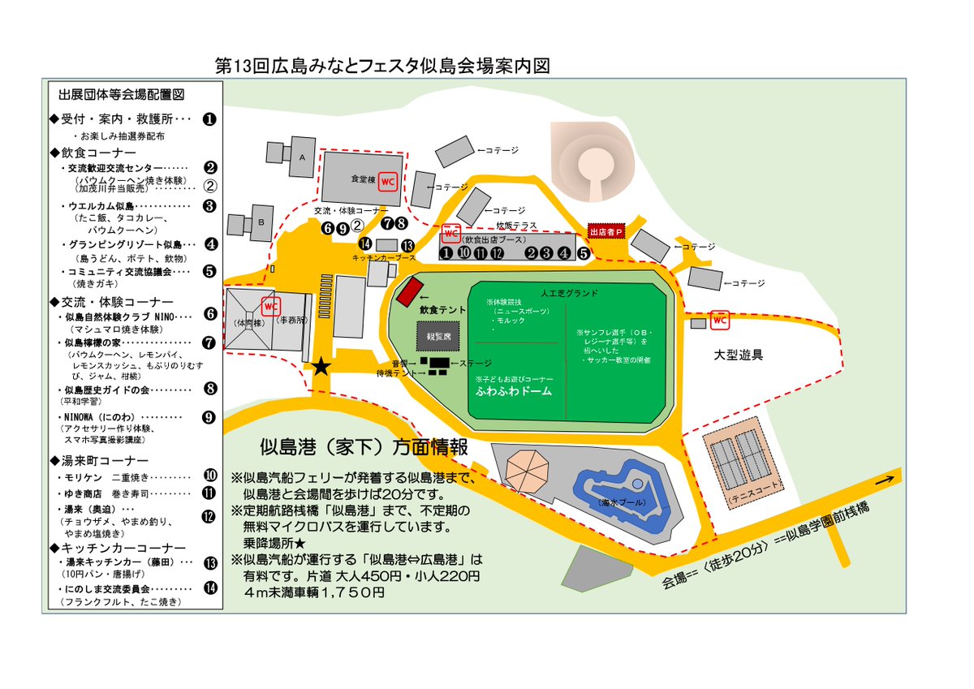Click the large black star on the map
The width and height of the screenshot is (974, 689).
[x=321, y=367]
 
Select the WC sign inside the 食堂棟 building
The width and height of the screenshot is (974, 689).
[x=387, y=180]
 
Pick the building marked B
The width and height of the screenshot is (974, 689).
[x=261, y=222]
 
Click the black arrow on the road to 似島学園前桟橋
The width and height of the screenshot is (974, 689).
[x=885, y=482]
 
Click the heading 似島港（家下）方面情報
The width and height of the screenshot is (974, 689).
[x=363, y=446]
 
